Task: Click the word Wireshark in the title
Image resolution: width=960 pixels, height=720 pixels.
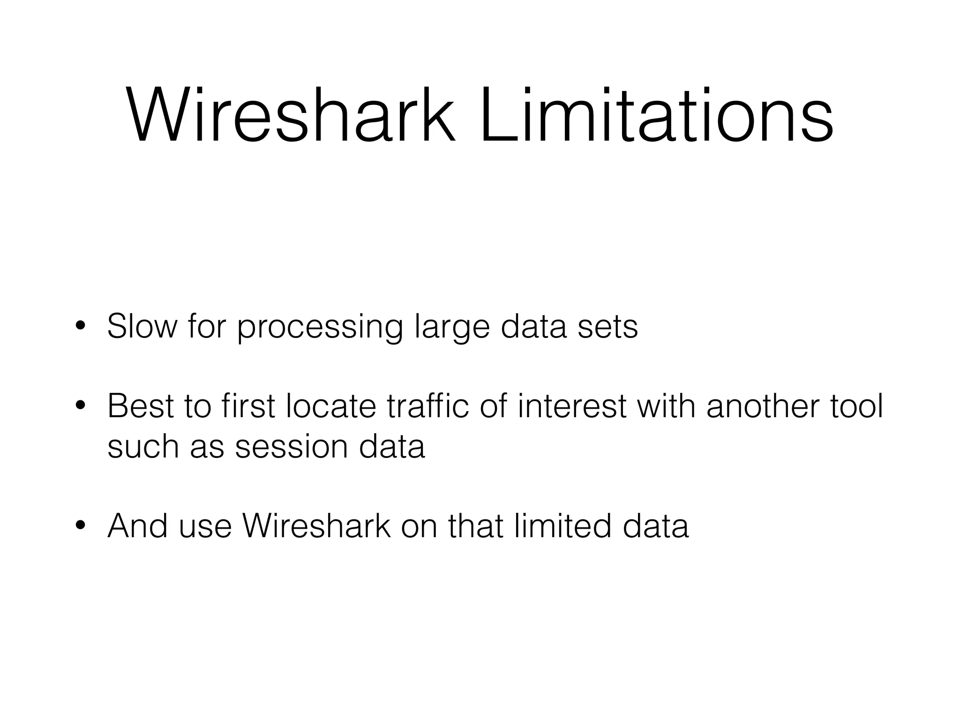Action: point(291,115)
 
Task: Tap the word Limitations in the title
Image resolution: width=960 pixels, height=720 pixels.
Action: point(656,115)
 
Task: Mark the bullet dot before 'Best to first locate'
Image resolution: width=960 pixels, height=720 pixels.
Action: point(80,406)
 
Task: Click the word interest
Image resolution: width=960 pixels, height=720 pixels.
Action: point(572,406)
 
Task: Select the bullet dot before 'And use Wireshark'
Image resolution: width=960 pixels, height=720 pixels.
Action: point(80,526)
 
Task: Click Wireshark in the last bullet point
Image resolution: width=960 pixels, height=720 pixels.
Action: point(316,526)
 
